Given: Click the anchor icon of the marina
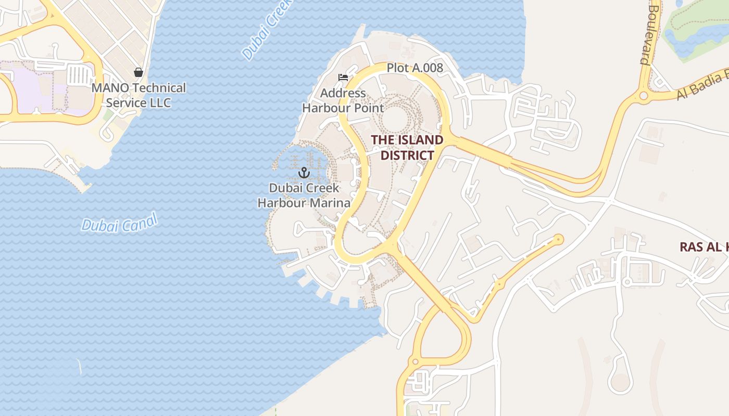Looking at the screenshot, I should pos(304,172).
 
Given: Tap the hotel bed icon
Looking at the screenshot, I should pos(343,77).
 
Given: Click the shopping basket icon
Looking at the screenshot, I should pos(139,72).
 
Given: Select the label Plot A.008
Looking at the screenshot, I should pos(414,68).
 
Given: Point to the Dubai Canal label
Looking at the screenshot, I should pos(119,224).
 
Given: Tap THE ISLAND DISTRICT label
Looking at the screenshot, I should pos(407,148).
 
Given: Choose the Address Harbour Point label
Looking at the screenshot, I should pos(343,101).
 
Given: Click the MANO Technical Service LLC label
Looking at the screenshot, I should pos(139,95).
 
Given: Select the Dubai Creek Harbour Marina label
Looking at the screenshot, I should pos(304,196).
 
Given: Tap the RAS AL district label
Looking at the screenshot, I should pos(703,247).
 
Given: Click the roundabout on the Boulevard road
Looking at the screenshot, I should pos(644,96).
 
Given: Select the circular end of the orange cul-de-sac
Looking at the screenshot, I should pos(558,239).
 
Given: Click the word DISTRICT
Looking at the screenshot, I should pos(407,155).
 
